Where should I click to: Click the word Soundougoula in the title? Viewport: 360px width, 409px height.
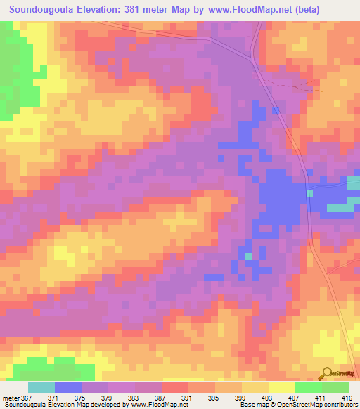click(44, 10)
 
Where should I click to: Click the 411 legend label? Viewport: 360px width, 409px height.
click(299, 397)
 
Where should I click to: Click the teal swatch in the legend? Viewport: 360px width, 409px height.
click(41, 387)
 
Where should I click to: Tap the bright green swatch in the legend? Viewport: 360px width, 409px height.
click(308, 387)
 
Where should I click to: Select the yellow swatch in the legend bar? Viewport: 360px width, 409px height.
click(281, 387)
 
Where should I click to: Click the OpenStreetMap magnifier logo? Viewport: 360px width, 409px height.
click(327, 373)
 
